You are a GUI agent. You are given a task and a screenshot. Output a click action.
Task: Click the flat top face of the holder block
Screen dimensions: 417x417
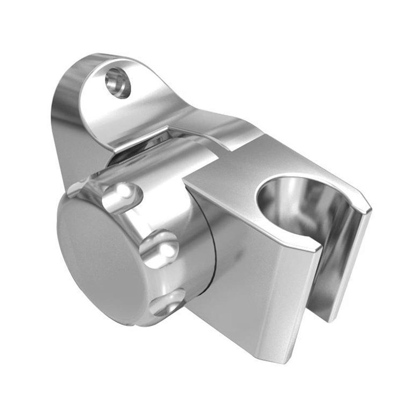(233, 175)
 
